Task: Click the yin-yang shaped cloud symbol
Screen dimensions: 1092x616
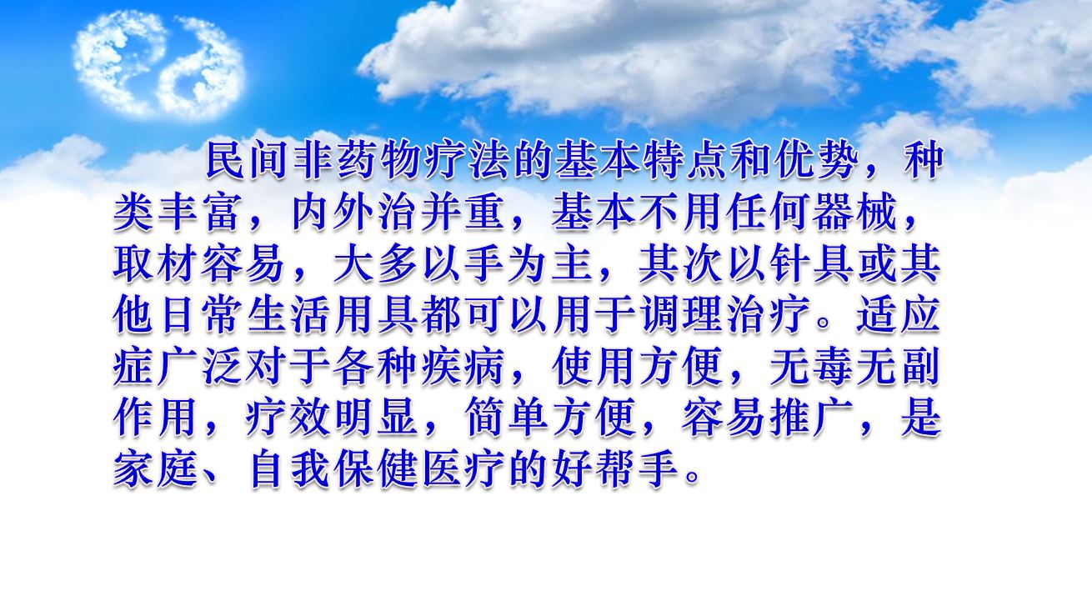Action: tap(158, 65)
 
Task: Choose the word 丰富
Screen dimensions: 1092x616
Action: tap(200, 213)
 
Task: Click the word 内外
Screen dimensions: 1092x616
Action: tap(333, 213)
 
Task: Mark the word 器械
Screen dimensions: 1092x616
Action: tap(859, 213)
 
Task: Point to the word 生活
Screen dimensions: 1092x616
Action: tap(289, 316)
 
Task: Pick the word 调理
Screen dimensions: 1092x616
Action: tap(684, 316)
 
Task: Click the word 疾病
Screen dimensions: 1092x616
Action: tap(464, 368)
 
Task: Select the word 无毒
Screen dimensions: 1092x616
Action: tap(815, 368)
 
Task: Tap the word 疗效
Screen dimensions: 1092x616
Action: tap(289, 418)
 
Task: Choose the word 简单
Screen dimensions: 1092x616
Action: tap(508, 418)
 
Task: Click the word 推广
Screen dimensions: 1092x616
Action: tap(815, 418)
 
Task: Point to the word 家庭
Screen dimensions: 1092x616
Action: tap(157, 470)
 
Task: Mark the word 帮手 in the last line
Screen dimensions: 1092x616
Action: tap(640, 470)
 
